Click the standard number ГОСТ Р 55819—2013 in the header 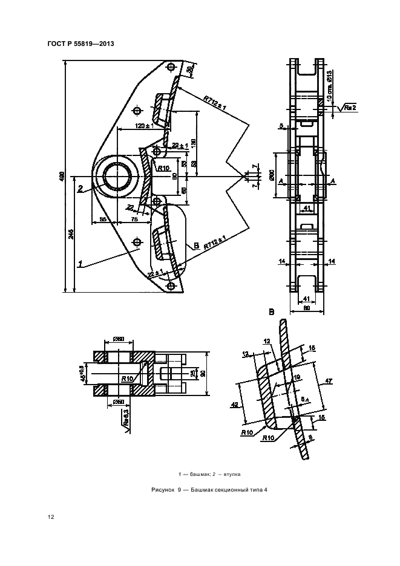(80, 44)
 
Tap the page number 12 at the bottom (51, 517)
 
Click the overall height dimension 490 (62, 176)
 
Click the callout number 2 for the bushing (79, 189)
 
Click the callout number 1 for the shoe (79, 263)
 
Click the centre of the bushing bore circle (116, 177)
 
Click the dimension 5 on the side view (281, 126)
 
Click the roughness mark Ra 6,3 (126, 417)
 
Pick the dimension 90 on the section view (202, 372)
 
